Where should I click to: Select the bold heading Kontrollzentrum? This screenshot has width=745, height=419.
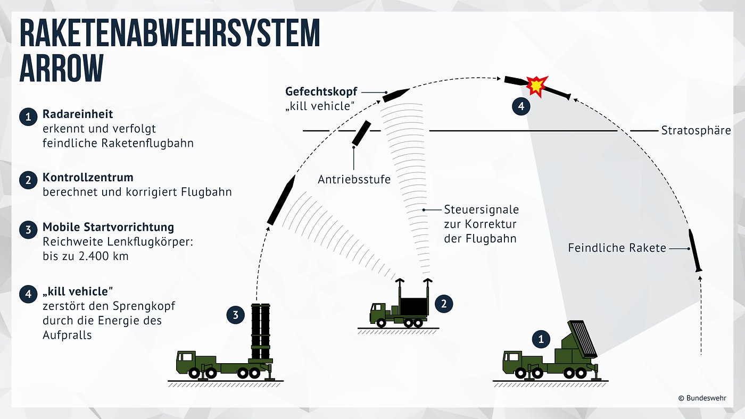point(88,177)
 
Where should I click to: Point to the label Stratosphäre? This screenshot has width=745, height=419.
point(696,130)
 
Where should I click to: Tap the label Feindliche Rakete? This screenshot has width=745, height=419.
point(617,248)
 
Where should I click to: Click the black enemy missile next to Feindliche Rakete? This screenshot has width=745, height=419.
point(695,250)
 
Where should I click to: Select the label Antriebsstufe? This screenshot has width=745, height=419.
point(354,179)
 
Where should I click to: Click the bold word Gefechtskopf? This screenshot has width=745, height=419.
point(321,91)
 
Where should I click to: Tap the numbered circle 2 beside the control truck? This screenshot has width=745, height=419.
point(443,304)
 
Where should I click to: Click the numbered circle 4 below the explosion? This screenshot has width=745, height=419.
point(521,106)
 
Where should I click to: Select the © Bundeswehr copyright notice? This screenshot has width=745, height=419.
point(701,398)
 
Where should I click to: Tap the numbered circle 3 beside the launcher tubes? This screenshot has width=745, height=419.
point(235,315)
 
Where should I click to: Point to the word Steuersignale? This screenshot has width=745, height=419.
point(481,209)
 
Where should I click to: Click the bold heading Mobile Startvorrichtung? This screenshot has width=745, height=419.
point(108,227)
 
